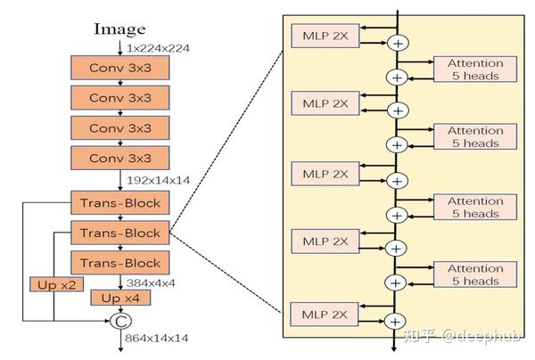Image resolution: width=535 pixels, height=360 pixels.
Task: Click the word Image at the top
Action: coord(119,29)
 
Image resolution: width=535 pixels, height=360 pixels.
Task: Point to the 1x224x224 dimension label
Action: coord(159,46)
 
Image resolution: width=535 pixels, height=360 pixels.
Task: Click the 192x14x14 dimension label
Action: coord(159,179)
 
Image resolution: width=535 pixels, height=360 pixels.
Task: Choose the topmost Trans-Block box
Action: coord(119,202)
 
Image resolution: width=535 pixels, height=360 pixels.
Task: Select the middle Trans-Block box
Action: coord(119,233)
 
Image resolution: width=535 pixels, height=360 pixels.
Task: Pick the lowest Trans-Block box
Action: coord(119,263)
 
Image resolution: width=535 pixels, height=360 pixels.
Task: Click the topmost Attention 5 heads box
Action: coord(474,69)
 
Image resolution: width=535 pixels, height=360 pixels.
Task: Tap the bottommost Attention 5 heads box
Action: coord(474,274)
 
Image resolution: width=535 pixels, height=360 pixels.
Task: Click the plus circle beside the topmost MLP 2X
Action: coord(398,42)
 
